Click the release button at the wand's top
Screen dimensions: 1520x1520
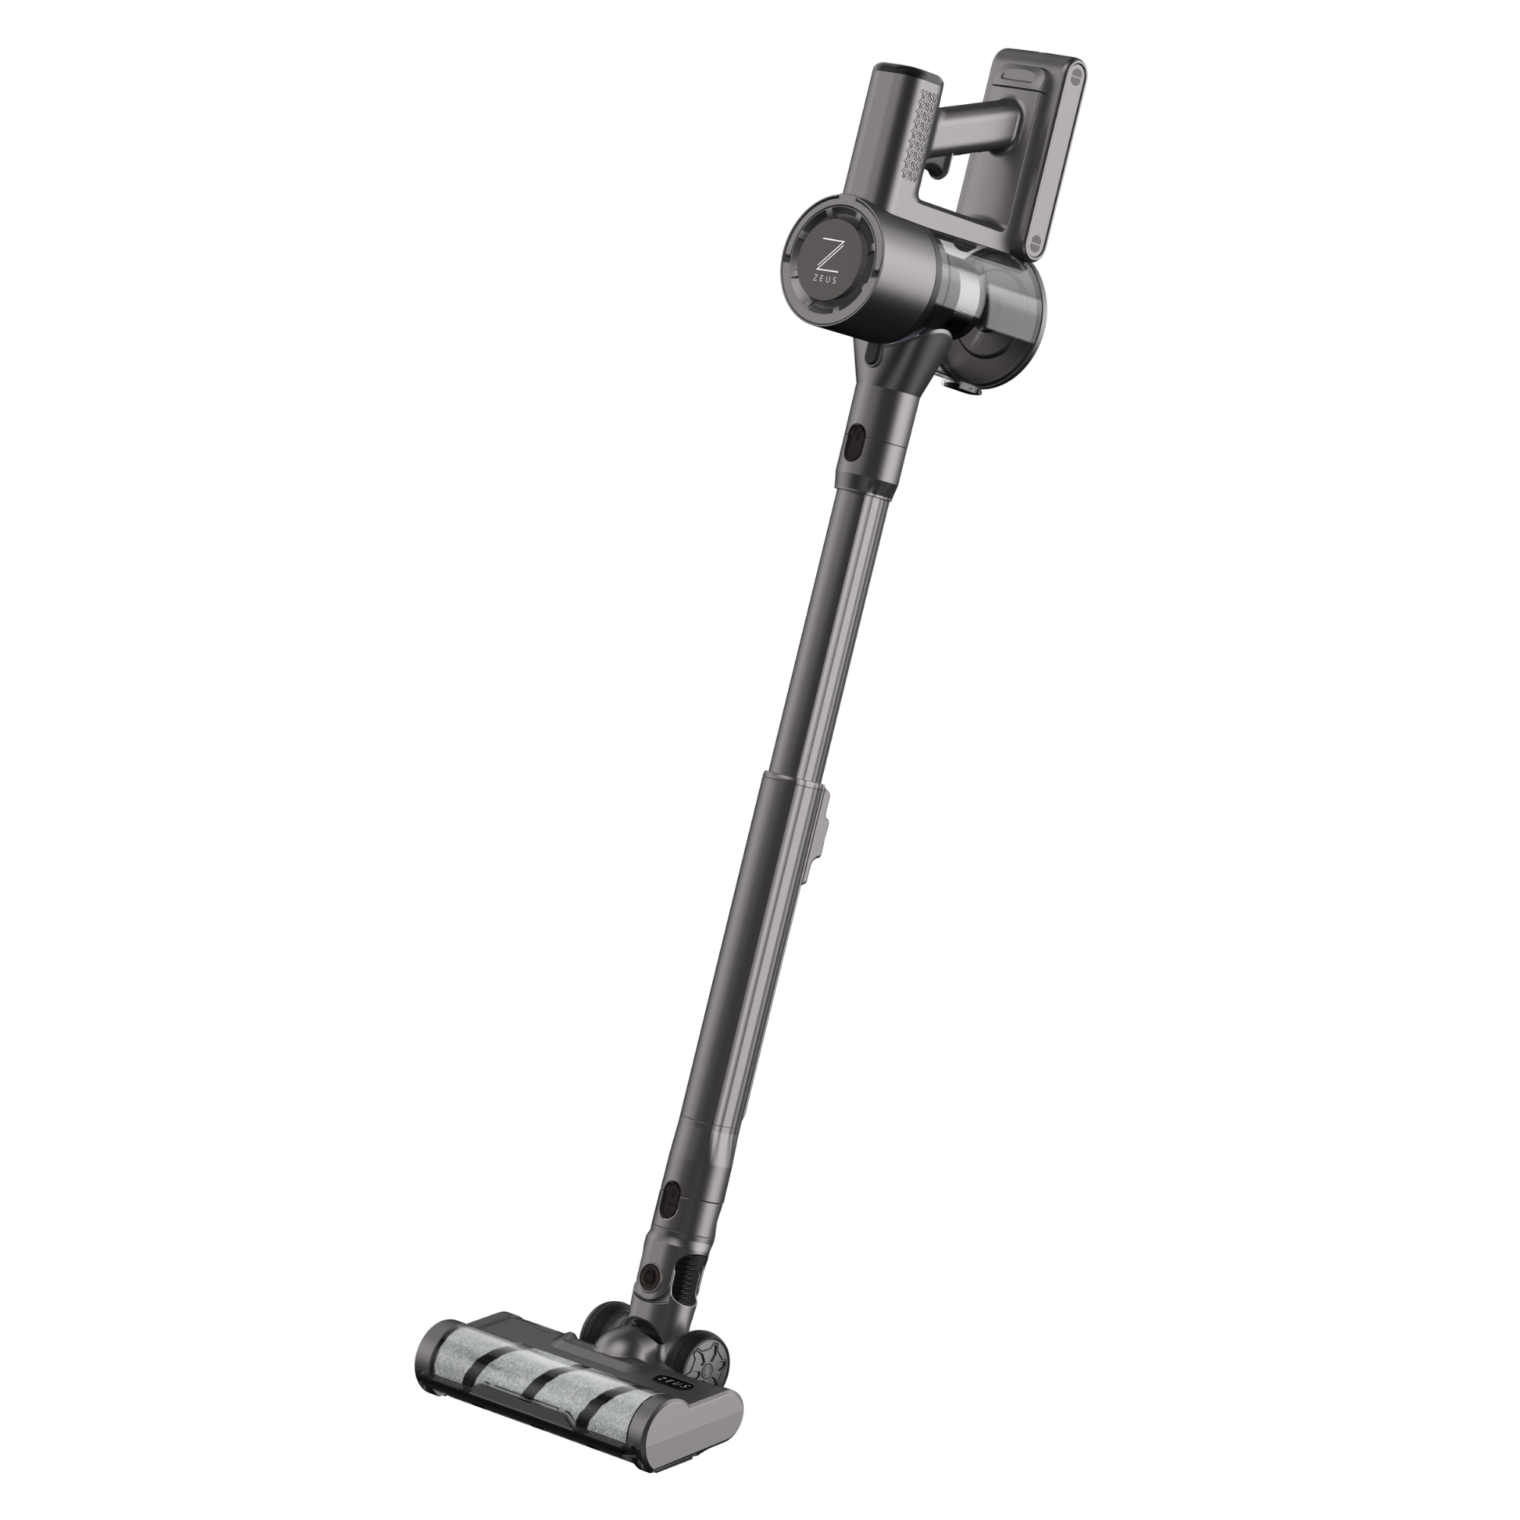pos(855,447)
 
